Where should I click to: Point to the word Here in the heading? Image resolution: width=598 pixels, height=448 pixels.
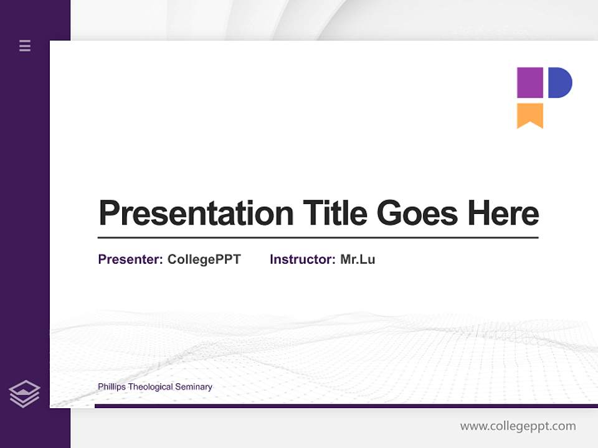click(x=503, y=213)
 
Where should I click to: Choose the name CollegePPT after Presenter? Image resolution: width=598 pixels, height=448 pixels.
click(x=204, y=259)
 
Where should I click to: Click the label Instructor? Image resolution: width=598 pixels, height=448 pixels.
click(x=303, y=259)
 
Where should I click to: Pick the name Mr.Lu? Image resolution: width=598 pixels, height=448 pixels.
click(x=358, y=259)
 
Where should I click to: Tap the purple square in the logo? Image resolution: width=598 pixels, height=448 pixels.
click(x=530, y=83)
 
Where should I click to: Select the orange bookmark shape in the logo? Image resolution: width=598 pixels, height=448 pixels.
click(x=530, y=114)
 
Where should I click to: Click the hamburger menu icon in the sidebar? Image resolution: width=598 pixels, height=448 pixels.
click(x=25, y=45)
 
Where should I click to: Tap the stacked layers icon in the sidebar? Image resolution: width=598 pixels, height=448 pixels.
click(x=24, y=394)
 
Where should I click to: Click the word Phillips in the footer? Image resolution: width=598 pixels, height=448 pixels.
click(x=112, y=387)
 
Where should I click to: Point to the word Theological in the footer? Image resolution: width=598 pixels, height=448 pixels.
click(x=149, y=387)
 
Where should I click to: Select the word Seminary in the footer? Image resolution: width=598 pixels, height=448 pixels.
click(x=194, y=387)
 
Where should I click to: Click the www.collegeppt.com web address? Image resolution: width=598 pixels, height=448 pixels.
click(x=518, y=426)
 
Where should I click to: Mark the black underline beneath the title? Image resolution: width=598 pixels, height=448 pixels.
click(x=318, y=238)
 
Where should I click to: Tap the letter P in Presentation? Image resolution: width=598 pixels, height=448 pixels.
click(x=108, y=213)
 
